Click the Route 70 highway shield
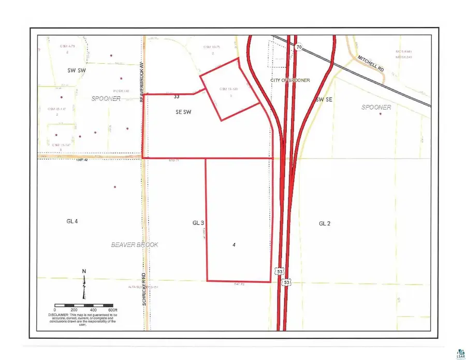pyautogui.click(x=299, y=47)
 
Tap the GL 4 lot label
pyautogui.click(x=72, y=221)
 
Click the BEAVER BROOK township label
pyautogui.click(x=135, y=244)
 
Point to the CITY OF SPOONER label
pyautogui.click(x=290, y=80)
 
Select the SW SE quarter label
pyautogui.click(x=324, y=99)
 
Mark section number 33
pyautogui.click(x=177, y=96)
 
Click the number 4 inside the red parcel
pyautogui.click(x=234, y=244)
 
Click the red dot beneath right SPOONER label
pyautogui.click(x=380, y=113)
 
